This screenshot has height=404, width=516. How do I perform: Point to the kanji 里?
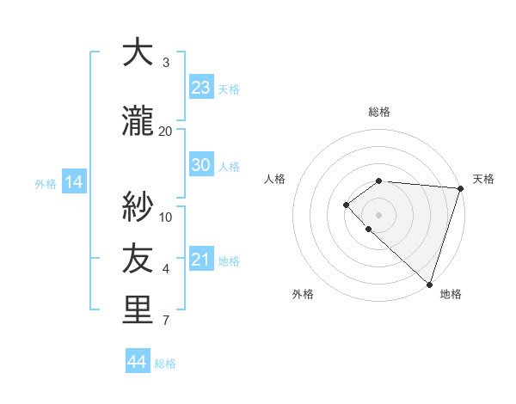click(x=138, y=310)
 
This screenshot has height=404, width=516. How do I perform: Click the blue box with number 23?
click(x=201, y=87)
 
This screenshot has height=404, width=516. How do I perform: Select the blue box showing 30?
click(x=201, y=165)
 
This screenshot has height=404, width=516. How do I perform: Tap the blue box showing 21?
click(x=201, y=260)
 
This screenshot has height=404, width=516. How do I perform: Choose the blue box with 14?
click(x=73, y=182)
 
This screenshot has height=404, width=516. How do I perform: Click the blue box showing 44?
click(x=138, y=362)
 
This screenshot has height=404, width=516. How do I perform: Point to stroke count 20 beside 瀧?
click(x=166, y=131)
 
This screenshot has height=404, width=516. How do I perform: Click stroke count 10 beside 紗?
click(x=166, y=217)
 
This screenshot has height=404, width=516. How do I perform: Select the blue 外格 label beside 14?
click(x=46, y=183)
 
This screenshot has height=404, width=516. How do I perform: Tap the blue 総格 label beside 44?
click(x=165, y=363)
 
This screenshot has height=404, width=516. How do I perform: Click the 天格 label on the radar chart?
click(x=483, y=179)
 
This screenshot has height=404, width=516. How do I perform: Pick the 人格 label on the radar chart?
click(x=275, y=179)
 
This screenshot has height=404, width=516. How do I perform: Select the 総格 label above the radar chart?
click(x=379, y=112)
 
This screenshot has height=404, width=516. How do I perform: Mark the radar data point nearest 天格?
click(x=460, y=188)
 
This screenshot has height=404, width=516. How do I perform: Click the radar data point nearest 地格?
click(x=429, y=284)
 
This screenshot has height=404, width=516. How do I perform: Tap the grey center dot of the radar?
click(x=379, y=214)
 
